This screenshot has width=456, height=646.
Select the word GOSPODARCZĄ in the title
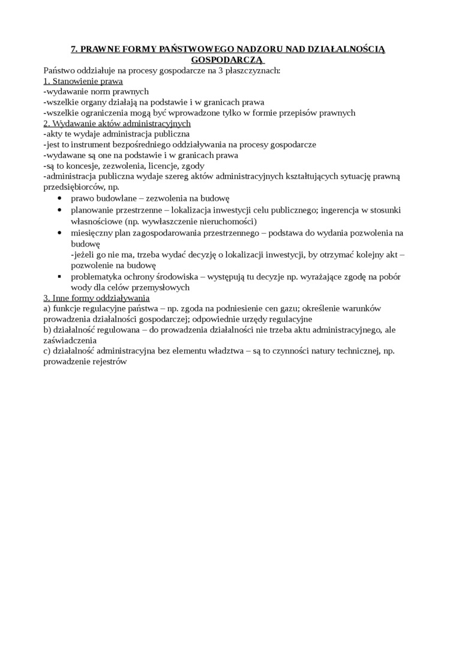[x=227, y=59]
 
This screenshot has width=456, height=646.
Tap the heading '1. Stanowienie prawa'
[x=83, y=81]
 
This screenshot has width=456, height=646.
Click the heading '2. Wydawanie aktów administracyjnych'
[x=117, y=123]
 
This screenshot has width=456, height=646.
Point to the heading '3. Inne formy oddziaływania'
[x=97, y=298]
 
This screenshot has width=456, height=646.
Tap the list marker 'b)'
[x=48, y=330]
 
